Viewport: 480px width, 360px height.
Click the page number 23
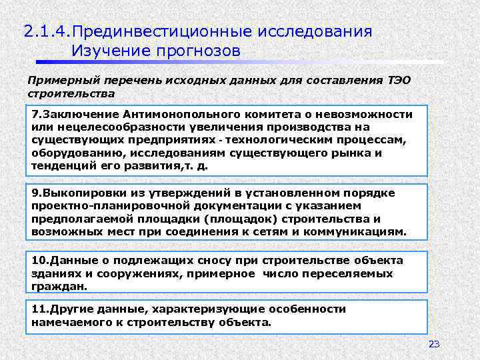click(x=434, y=344)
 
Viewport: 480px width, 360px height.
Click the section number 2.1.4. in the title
click(x=47, y=31)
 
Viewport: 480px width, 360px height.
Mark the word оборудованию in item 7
click(x=71, y=153)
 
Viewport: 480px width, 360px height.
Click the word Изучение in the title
click(x=110, y=50)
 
